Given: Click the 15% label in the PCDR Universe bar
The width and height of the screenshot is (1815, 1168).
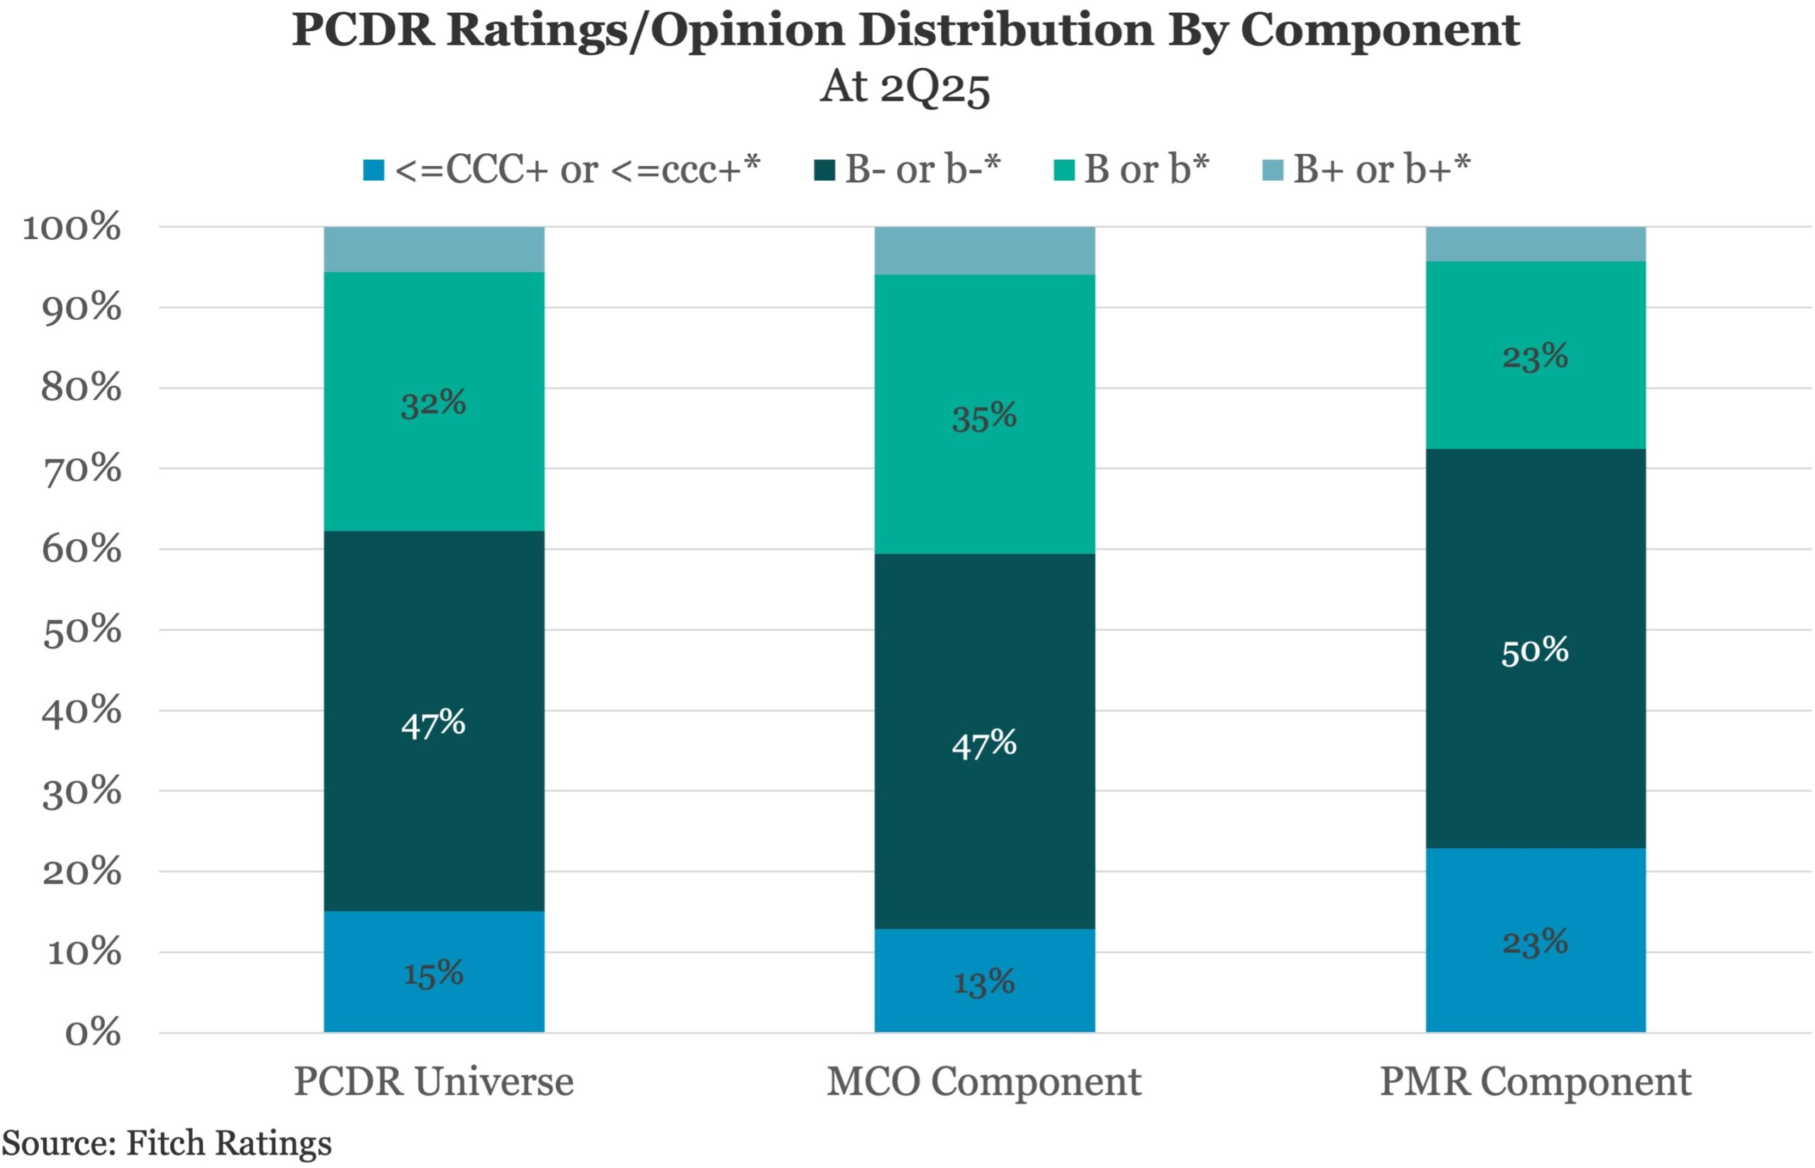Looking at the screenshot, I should (433, 973).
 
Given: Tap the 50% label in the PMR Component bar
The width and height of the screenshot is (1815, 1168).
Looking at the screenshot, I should (1534, 651).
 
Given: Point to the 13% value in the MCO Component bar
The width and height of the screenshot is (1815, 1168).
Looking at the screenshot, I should (984, 983).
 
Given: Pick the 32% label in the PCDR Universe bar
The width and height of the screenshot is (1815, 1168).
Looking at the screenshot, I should (433, 403).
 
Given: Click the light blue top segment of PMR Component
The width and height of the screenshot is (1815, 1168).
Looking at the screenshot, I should (1535, 244).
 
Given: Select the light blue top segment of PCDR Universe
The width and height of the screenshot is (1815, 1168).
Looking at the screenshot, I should (434, 250).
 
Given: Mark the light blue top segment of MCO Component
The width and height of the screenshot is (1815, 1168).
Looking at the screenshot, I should (984, 250).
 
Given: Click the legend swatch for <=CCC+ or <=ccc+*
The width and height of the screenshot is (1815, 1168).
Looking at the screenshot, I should (374, 170).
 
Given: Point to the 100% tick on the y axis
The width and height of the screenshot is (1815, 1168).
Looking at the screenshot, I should (72, 227).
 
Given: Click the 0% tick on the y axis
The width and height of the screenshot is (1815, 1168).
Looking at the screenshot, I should (92, 1033).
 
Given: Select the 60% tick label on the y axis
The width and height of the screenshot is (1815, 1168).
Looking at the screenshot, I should (81, 549).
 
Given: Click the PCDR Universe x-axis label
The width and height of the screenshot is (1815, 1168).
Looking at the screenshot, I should (434, 1081).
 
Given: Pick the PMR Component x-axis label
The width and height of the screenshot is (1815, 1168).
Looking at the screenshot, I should (1535, 1081).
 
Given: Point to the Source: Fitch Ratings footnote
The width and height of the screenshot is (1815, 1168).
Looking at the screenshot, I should (167, 1143).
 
